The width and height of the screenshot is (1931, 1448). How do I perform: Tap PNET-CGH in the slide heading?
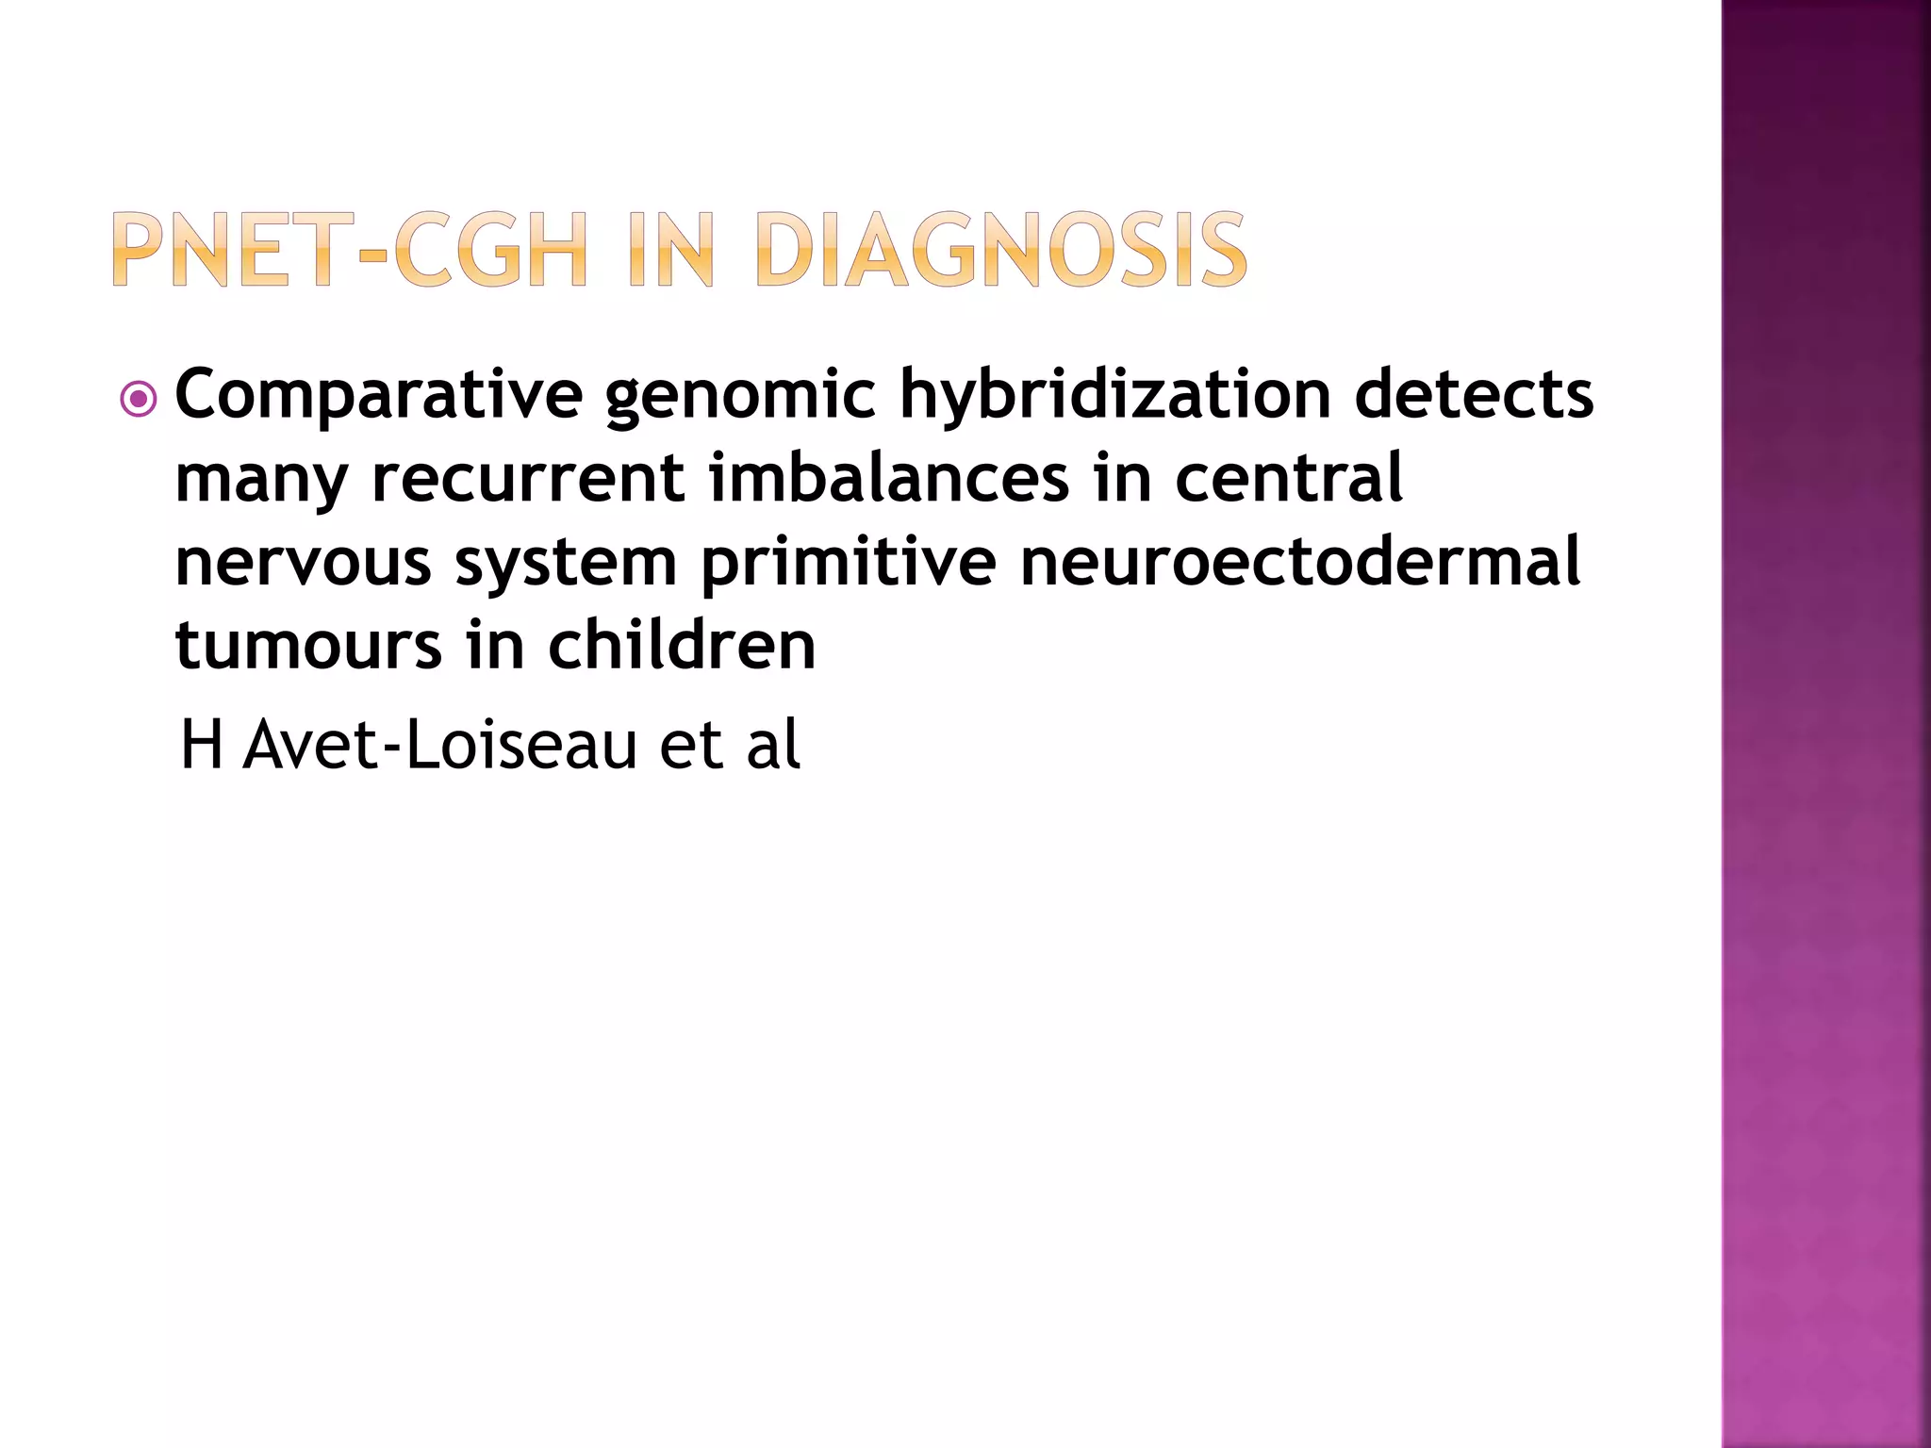[x=349, y=250]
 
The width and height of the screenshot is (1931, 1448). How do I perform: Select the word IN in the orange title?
[x=670, y=250]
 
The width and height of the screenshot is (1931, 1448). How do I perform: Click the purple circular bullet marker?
[x=139, y=400]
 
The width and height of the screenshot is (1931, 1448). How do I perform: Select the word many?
[x=261, y=479]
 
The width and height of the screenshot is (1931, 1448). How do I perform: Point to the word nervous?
[x=303, y=562]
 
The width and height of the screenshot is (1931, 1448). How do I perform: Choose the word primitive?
[x=849, y=562]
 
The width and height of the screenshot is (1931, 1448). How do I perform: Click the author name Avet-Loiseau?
[x=439, y=745]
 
